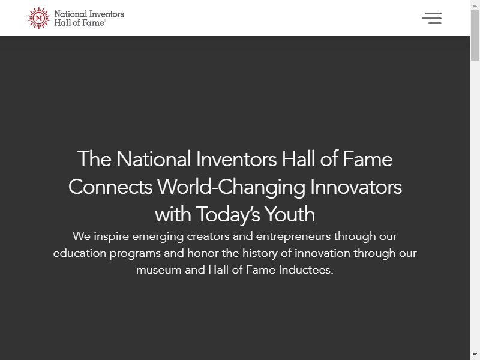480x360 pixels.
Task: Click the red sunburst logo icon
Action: click(x=38, y=18)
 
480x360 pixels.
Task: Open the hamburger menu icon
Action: click(x=431, y=19)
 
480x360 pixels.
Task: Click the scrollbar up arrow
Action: click(x=475, y=5)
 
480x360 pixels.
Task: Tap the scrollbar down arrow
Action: click(x=475, y=355)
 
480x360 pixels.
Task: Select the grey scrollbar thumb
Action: click(x=475, y=35)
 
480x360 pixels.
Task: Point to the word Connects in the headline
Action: click(x=110, y=187)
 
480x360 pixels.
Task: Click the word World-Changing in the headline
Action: click(x=231, y=187)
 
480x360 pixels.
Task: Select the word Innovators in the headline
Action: click(x=356, y=187)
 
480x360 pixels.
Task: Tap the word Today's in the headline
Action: click(x=228, y=214)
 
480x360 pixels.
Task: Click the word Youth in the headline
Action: click(x=290, y=214)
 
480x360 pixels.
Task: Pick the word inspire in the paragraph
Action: click(x=112, y=236)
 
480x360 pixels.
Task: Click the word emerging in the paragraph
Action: click(x=158, y=237)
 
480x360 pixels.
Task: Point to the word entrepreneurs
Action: click(x=293, y=237)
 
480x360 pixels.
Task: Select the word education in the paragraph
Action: click(x=80, y=253)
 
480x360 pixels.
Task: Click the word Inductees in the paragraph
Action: click(x=306, y=269)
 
